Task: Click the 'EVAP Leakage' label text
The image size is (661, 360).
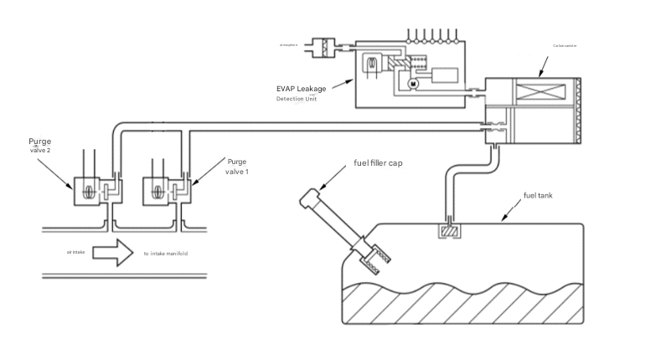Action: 301,88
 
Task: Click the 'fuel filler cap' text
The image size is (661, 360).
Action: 378,163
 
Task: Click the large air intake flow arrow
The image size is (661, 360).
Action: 113,252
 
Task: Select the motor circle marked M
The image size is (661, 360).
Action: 412,84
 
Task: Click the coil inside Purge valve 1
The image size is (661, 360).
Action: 158,191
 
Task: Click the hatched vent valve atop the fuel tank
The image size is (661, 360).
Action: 450,230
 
